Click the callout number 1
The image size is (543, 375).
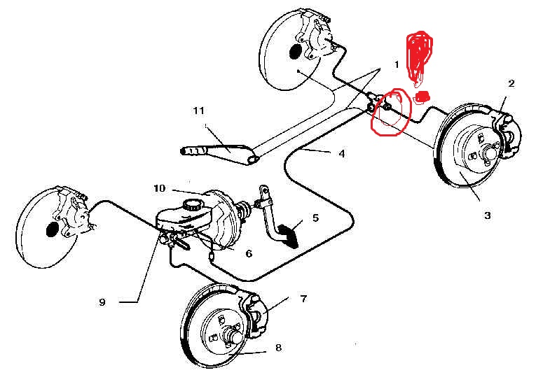click(x=397, y=64)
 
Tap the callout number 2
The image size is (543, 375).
click(x=511, y=84)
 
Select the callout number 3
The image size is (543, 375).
click(x=488, y=215)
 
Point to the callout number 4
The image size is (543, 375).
click(x=341, y=153)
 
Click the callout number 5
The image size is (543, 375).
click(x=315, y=218)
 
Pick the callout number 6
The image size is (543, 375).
click(x=248, y=253)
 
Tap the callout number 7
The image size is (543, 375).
click(x=303, y=299)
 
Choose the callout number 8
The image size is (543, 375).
click(x=278, y=346)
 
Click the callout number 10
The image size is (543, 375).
click(x=159, y=188)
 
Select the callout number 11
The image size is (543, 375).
click(x=199, y=111)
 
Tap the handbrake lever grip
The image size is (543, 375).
click(x=195, y=150)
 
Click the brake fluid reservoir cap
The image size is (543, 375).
click(x=191, y=204)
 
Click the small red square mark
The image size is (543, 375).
click(x=422, y=96)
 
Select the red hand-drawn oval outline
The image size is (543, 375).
click(x=390, y=112)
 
